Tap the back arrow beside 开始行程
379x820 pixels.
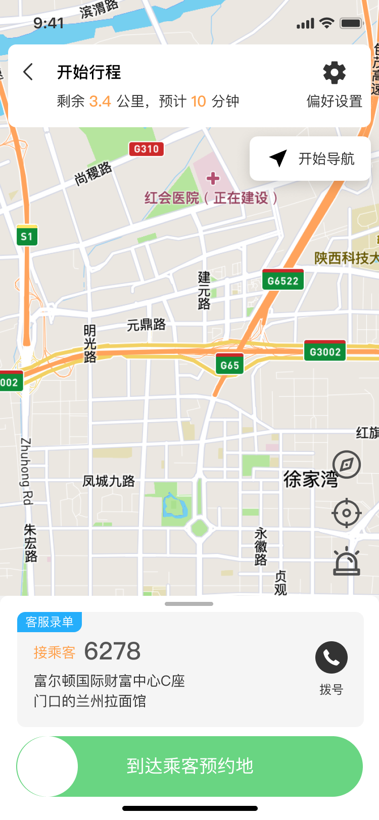point(28,72)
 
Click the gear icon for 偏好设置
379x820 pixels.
point(335,73)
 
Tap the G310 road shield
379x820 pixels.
point(146,149)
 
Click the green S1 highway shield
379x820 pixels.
point(27,236)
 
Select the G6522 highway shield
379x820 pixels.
point(283,280)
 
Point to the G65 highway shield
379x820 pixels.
point(230,365)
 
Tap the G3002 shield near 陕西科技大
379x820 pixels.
point(325,351)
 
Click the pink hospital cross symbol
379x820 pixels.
point(213,178)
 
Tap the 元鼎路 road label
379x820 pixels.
point(146,325)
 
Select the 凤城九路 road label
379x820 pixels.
point(109,481)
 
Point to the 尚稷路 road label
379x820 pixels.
point(93,174)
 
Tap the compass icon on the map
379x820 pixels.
point(347,465)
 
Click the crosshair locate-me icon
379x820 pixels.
point(347,513)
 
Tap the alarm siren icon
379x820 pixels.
point(347,561)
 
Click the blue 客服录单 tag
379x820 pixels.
point(50,622)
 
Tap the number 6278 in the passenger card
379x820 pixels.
point(112,651)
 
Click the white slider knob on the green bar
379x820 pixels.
point(48,766)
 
